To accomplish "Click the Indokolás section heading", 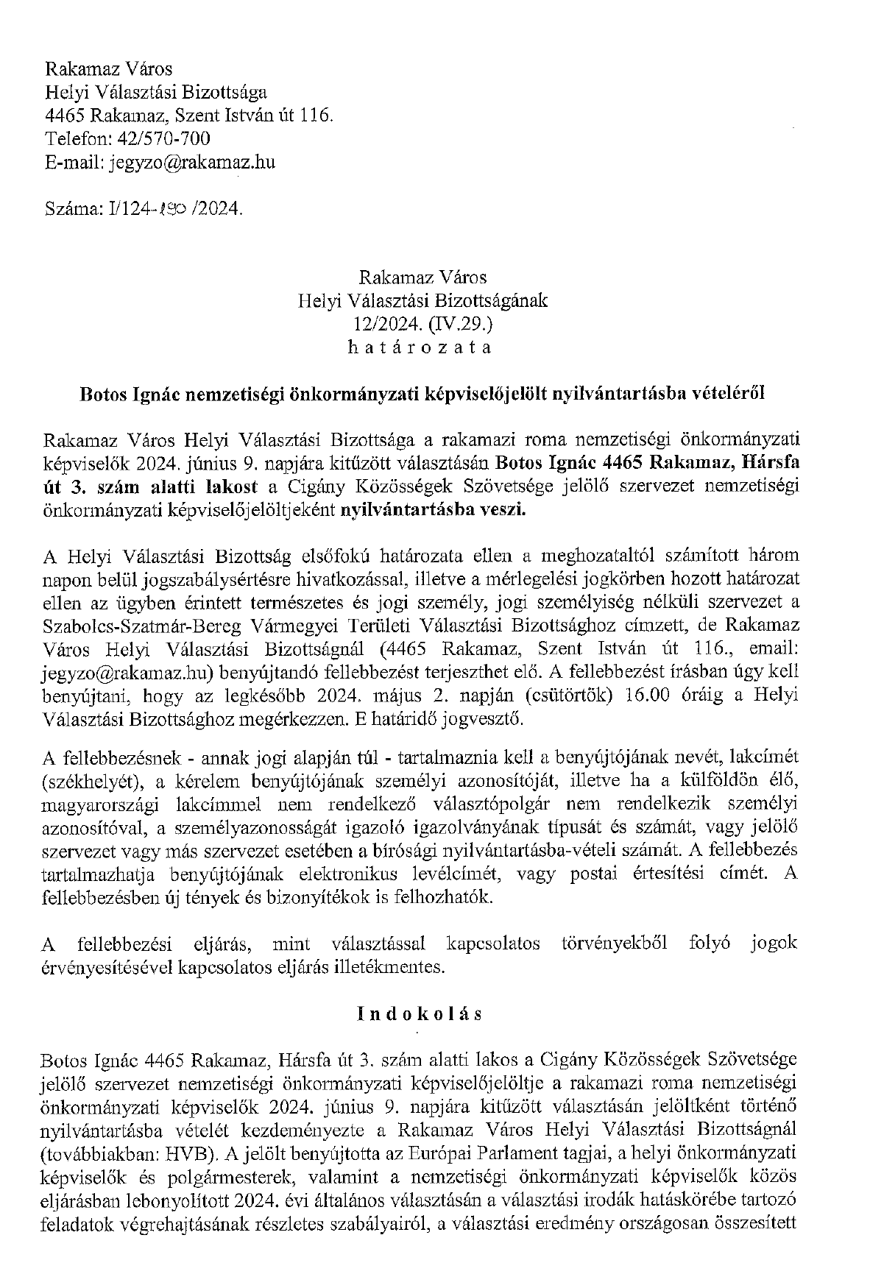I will click(420, 1013).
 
